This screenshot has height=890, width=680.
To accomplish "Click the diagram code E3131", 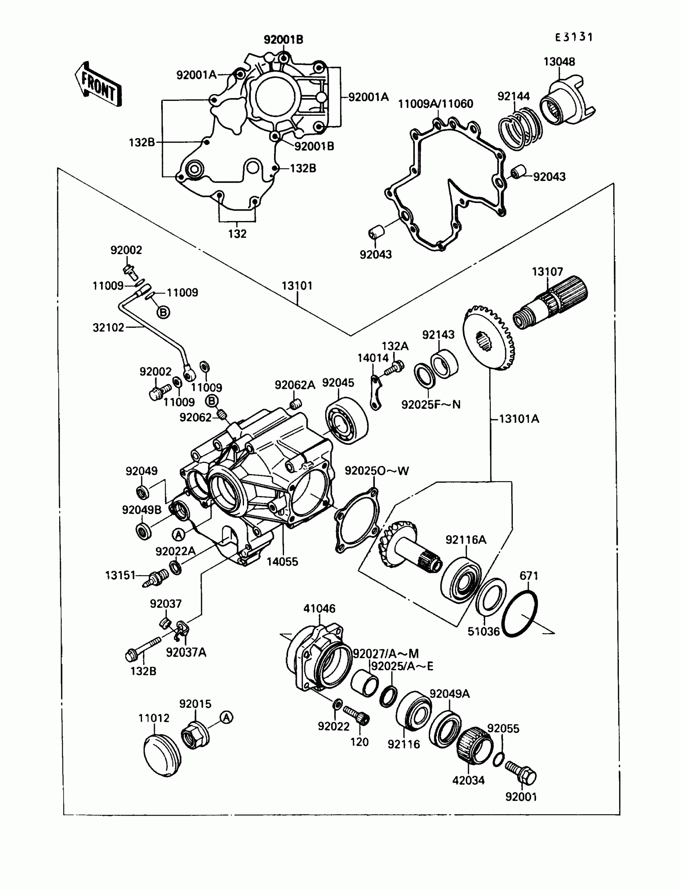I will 574,37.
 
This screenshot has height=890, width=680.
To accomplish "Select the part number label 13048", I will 559,62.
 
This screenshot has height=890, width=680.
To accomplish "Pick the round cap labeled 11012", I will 162,755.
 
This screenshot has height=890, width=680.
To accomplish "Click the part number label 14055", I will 282,562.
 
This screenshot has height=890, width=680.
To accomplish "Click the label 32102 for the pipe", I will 108,327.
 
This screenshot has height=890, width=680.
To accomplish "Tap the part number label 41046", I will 319,609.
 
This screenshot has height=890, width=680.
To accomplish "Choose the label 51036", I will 484,631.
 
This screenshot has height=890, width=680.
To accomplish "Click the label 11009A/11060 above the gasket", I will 436,104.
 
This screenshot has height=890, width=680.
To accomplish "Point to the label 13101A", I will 519,419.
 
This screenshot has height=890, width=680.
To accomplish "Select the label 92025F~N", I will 431,405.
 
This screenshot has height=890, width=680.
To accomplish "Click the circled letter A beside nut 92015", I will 226,717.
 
